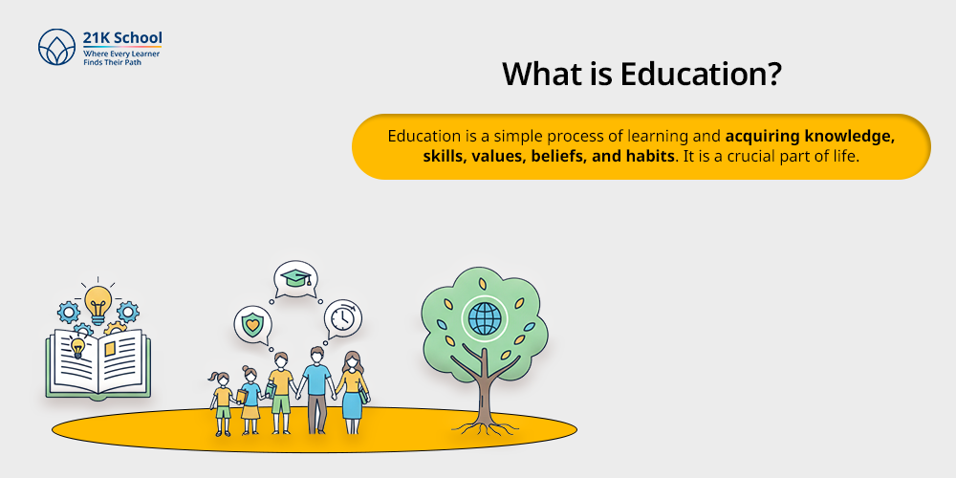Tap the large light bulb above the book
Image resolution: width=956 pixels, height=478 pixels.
pos(98,304)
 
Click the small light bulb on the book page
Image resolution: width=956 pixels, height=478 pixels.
pos(77,346)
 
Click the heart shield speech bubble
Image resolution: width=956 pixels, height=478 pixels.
pos(252,324)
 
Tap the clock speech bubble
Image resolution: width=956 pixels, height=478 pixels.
pos(342,317)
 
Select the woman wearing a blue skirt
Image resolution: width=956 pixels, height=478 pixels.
pos(351,392)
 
